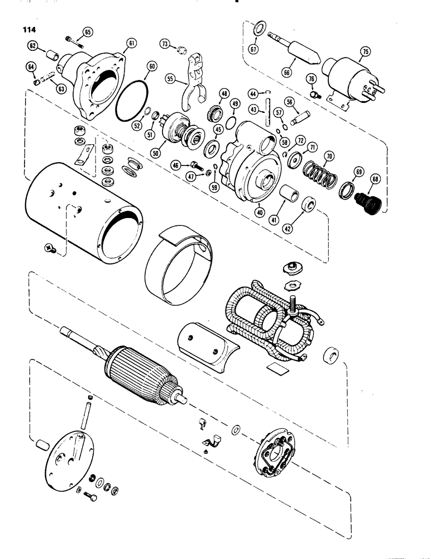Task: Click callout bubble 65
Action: click(x=89, y=31)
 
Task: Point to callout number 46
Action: click(x=176, y=165)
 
